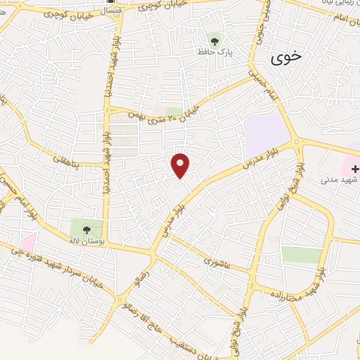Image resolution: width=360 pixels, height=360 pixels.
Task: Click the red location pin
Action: [181, 165]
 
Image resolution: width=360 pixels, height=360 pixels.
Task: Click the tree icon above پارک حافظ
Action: [214, 39]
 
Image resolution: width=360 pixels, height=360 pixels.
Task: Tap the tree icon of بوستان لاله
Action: [86, 229]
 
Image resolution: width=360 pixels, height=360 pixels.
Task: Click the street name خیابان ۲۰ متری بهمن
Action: [169, 112]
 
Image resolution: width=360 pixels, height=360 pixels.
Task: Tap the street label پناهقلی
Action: [67, 161]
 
